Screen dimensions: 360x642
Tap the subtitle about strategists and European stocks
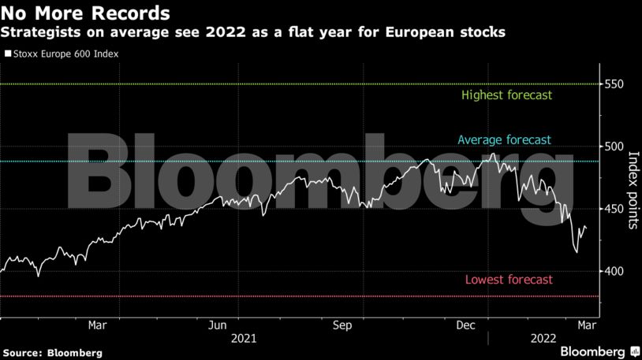click(252, 33)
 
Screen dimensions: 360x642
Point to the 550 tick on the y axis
click(616, 84)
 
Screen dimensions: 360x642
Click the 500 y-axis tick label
click(616, 147)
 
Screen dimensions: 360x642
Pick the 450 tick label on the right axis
click(616, 209)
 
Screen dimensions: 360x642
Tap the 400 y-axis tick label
click(616, 271)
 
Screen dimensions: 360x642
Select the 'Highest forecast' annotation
click(507, 95)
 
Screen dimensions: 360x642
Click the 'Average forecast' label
click(504, 140)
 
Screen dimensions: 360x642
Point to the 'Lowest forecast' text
click(509, 280)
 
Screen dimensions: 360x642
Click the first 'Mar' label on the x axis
click(97, 325)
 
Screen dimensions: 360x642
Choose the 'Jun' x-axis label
click(218, 325)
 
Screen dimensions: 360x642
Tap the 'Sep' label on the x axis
click(342, 325)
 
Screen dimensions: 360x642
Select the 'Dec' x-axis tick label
click(465, 325)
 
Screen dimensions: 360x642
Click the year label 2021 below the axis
click(244, 339)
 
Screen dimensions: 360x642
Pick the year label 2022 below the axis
click(543, 339)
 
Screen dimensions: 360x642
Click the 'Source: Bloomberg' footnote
click(52, 353)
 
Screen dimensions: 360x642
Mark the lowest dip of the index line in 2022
click(577, 252)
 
